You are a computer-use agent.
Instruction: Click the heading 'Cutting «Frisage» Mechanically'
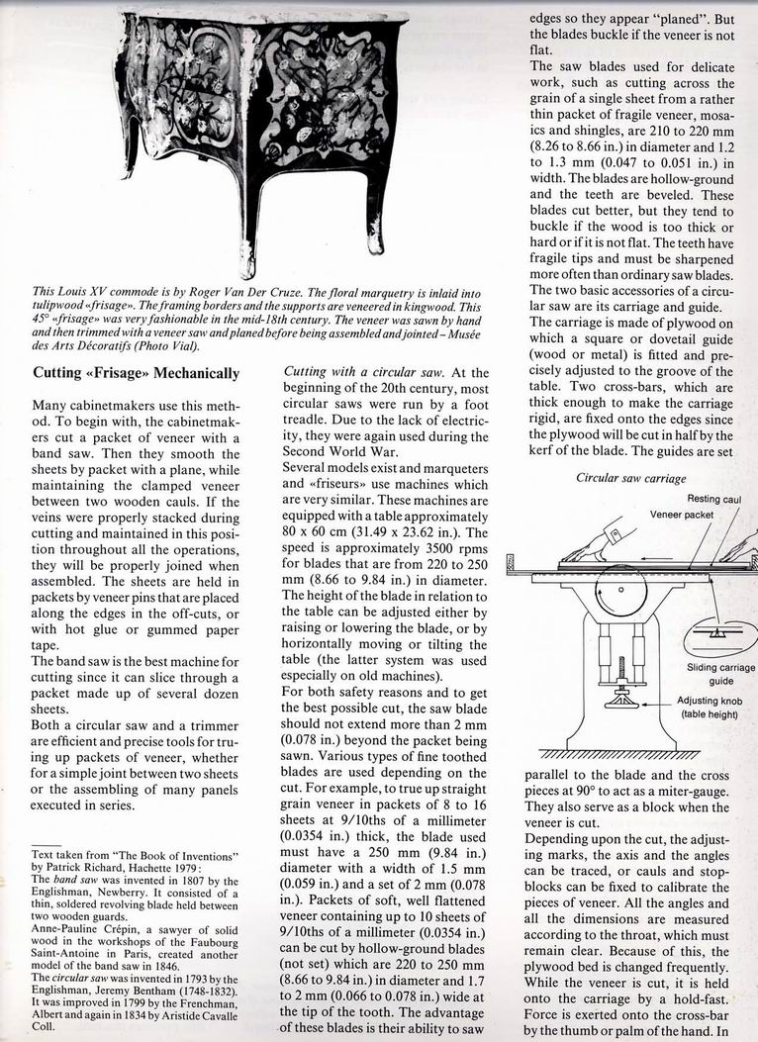click(x=136, y=373)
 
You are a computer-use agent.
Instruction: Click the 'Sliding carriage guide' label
click(x=720, y=674)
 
